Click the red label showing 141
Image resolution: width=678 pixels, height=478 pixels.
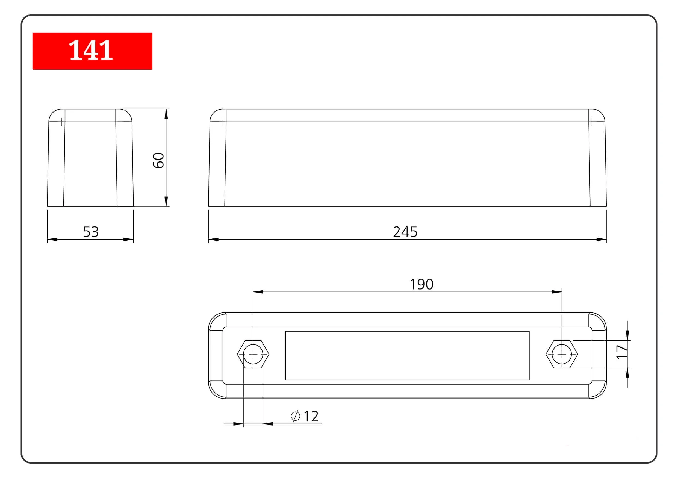[92, 51]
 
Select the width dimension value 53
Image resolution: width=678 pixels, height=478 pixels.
[91, 232]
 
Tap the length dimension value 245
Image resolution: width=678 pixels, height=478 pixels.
[405, 232]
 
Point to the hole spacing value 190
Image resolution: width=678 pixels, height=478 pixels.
[421, 284]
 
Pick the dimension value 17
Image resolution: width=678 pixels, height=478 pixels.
[622, 352]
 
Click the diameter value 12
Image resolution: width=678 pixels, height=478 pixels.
[311, 416]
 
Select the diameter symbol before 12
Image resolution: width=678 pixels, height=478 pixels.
[295, 416]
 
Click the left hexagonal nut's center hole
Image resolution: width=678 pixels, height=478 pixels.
[253, 354]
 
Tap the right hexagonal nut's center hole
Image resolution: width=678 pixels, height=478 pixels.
[562, 354]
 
